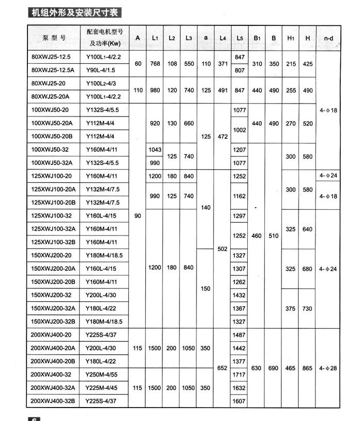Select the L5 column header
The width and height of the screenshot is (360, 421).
point(239,38)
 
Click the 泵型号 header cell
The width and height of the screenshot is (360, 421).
point(54,38)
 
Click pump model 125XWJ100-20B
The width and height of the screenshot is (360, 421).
point(54,202)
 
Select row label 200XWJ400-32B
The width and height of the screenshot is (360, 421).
point(54,401)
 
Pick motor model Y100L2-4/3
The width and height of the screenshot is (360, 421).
point(103,83)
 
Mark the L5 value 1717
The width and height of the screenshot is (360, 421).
point(239,374)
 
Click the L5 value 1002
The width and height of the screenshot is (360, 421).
point(239,130)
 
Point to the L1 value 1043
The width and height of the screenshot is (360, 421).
point(155,150)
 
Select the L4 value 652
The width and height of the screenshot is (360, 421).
point(222,368)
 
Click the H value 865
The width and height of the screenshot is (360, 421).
point(308,368)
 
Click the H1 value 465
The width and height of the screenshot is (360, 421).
point(291,368)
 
